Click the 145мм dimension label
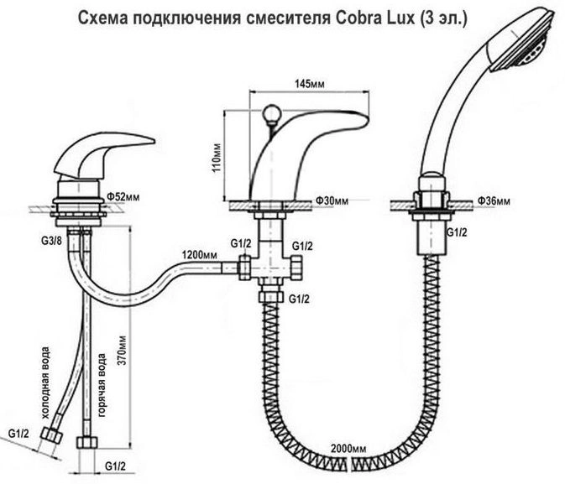point(310,84)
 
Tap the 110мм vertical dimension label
point(217,158)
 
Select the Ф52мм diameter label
point(123,197)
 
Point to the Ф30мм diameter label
point(332,200)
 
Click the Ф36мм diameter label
point(494,201)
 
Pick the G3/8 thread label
point(51,241)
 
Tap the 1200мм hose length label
point(199,255)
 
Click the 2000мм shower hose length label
point(348,449)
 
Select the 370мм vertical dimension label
point(123,351)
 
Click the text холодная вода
point(45,383)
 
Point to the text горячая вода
point(102,385)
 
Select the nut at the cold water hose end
point(51,435)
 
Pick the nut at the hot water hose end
point(86,443)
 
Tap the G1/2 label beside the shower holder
point(457,232)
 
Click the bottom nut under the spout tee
point(269,297)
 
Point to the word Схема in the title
point(102,18)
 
